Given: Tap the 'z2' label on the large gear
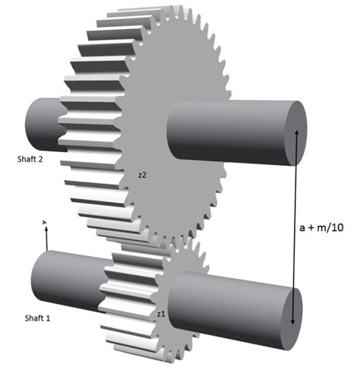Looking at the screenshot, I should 143,175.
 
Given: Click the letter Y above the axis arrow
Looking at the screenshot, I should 45,222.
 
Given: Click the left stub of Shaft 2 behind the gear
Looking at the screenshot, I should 42,125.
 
